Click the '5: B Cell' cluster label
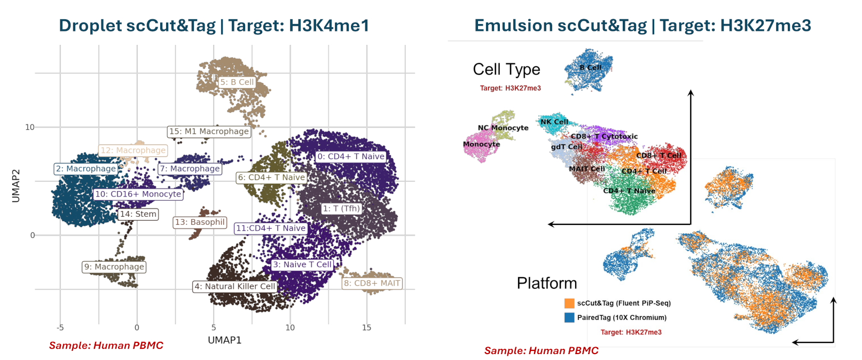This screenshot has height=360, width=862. click(237, 82)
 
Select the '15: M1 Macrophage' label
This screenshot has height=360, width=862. click(209, 131)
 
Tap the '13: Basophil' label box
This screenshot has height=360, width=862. click(200, 222)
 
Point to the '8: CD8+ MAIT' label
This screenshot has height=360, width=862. click(372, 283)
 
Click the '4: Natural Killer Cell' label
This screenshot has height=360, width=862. click(235, 286)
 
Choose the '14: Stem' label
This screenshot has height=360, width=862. click(138, 214)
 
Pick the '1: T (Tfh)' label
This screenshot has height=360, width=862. click(341, 208)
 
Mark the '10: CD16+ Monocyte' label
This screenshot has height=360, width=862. click(138, 194)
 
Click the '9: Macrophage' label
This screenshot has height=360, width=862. click(114, 267)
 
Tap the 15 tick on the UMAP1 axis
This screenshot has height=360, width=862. click(366, 327)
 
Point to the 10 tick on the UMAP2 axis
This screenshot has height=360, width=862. click(30, 127)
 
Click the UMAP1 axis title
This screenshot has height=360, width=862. click(224, 340)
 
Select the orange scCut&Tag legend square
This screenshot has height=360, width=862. click(569, 303)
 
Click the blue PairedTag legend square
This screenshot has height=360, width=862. click(569, 317)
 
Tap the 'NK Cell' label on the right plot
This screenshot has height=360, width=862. click(554, 122)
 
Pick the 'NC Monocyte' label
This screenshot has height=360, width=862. click(503, 128)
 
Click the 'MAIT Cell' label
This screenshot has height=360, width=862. click(587, 169)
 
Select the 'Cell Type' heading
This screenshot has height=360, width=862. click(506, 69)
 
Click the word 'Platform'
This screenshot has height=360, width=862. click(547, 283)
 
